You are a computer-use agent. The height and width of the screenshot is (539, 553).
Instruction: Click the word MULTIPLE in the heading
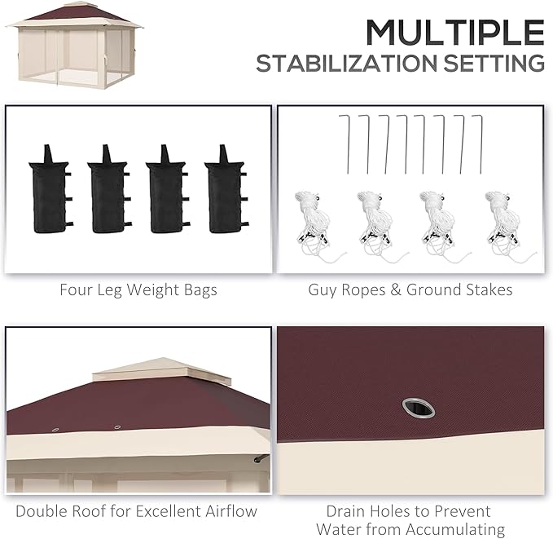point(455,32)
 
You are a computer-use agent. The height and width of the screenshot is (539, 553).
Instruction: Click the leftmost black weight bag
point(50,189)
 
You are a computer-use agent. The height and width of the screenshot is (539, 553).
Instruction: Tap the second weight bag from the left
point(109,189)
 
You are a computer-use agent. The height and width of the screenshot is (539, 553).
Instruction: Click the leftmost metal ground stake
point(345,144)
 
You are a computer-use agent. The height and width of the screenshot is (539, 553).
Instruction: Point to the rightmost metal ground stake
point(478,144)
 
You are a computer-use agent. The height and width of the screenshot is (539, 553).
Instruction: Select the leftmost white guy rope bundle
point(316,227)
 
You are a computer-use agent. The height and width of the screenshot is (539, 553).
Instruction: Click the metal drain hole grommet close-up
point(419,409)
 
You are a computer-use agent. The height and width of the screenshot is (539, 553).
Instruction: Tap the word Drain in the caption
point(345,511)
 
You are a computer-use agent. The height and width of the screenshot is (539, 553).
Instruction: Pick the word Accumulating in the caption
point(455,529)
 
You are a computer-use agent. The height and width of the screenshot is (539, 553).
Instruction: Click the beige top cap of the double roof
point(162,372)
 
